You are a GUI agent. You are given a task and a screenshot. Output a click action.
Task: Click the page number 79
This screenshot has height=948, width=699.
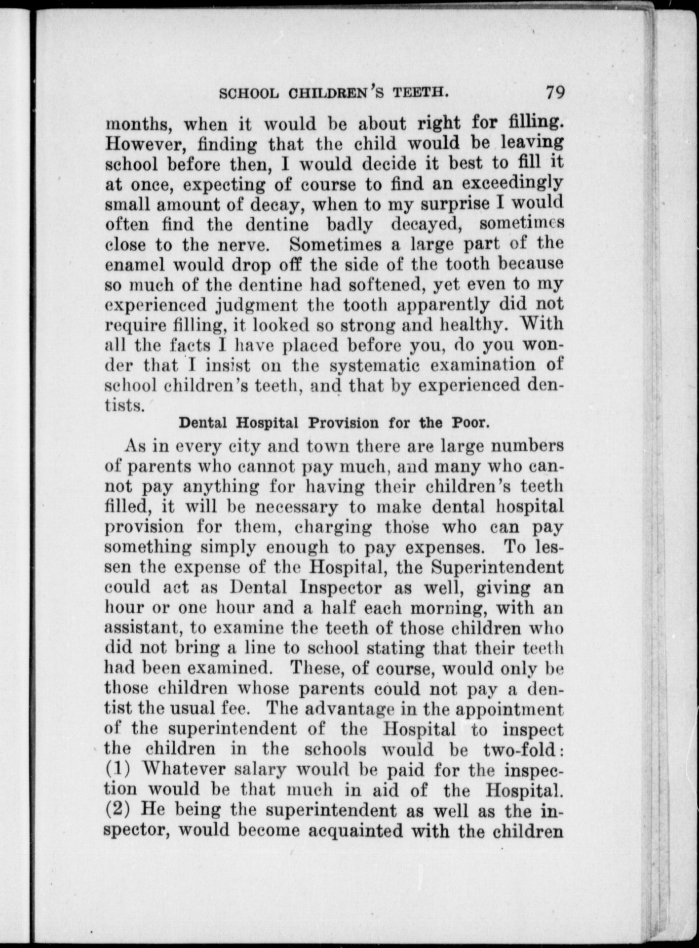click(x=555, y=93)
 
